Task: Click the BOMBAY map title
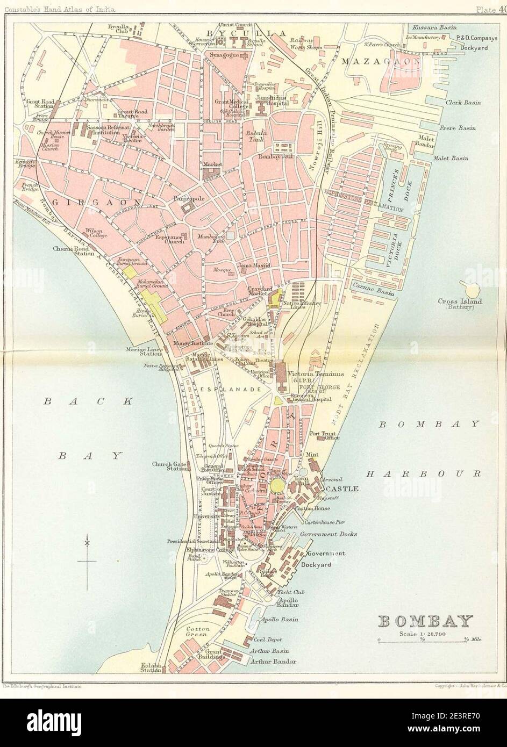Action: pyautogui.click(x=426, y=622)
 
